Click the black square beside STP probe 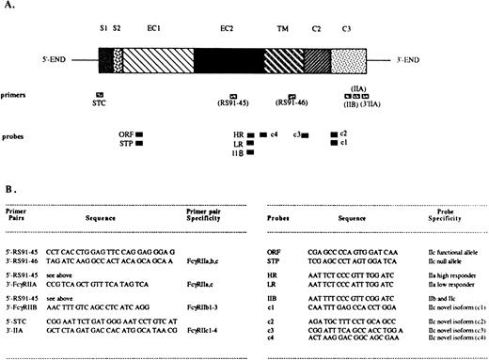(x=139, y=145)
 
